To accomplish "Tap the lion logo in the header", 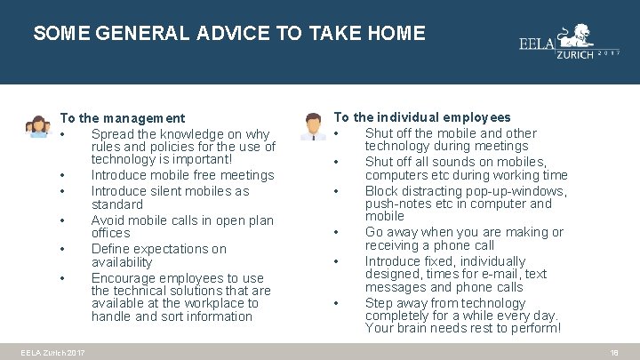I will (x=579, y=38).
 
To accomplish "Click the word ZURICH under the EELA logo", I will (x=572, y=55).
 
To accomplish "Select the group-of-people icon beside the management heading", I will (x=38, y=126).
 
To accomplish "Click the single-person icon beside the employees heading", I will (x=312, y=126).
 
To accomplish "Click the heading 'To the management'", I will (x=122, y=117).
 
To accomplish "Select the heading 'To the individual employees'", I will (x=421, y=116).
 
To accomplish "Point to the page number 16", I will (x=613, y=353).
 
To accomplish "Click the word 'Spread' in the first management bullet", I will (x=113, y=134).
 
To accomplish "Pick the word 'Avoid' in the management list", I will (x=108, y=220).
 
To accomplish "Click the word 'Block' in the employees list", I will (x=382, y=191).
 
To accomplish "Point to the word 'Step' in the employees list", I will (x=380, y=303).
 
